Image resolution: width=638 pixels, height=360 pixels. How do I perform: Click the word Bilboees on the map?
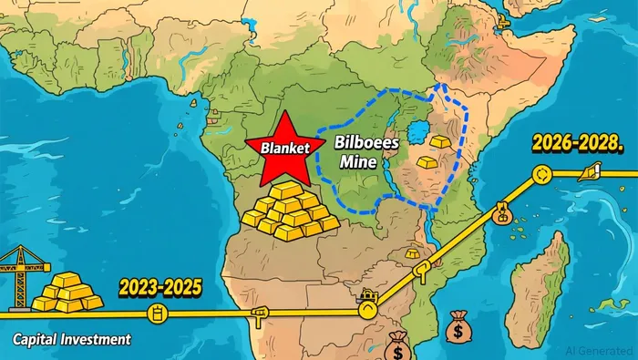(364, 144)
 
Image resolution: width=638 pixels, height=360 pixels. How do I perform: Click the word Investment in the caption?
(97, 339)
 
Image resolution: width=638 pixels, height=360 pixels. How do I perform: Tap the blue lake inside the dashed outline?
(420, 133)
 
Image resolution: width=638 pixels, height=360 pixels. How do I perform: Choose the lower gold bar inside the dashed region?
(427, 160)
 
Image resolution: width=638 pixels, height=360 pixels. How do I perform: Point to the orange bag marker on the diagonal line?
(500, 213)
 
